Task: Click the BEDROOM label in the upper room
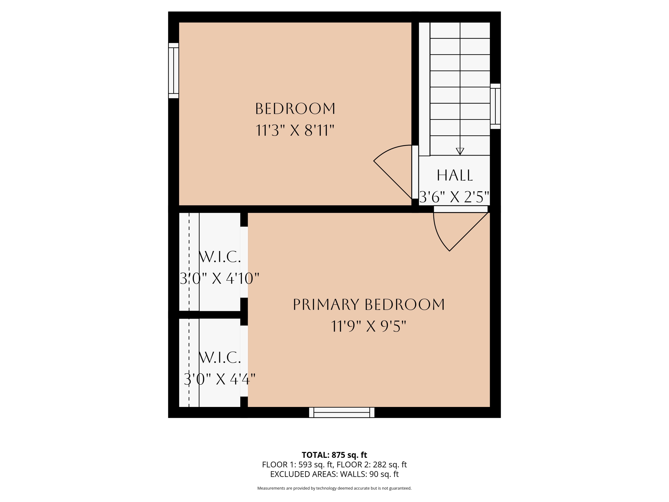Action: (x=295, y=109)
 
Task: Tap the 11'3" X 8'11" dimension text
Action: (x=295, y=131)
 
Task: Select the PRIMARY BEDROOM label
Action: (x=369, y=305)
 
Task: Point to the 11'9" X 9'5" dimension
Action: (x=368, y=326)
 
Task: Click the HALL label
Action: (x=454, y=176)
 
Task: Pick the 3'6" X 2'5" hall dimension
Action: (x=454, y=197)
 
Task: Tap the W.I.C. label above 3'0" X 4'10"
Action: (x=220, y=257)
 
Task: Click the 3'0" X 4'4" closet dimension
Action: (x=220, y=379)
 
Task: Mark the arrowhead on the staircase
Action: (x=460, y=151)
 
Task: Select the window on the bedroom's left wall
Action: (x=173, y=71)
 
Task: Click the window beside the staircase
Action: (x=496, y=106)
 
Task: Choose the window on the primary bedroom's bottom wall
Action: (x=342, y=413)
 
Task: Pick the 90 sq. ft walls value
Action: (x=384, y=474)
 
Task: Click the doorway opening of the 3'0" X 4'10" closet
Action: (x=244, y=262)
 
